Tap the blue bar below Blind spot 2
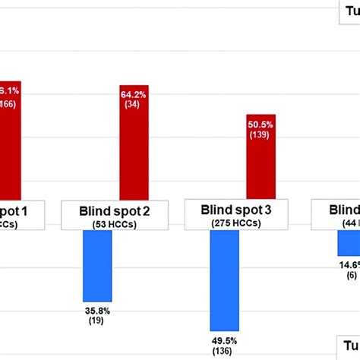coord(97,266)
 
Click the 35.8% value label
coord(97,310)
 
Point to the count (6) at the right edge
coord(351,275)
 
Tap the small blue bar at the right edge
coord(349,243)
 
